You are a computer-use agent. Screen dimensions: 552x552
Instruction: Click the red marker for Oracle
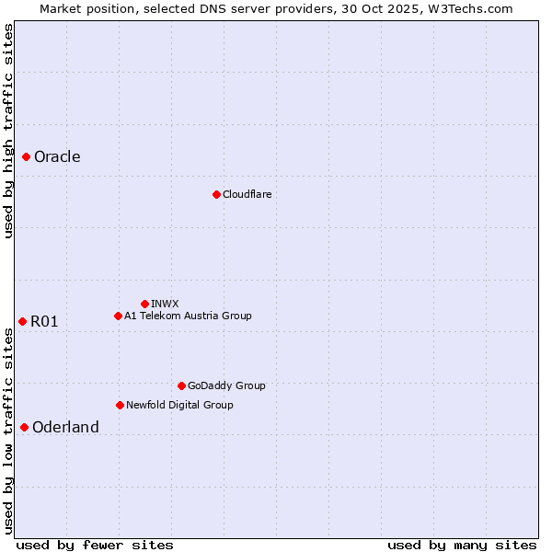tap(27, 157)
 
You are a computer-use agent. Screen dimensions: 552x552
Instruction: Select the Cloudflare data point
tap(216, 194)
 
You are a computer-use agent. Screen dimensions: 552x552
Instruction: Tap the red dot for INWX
tap(144, 304)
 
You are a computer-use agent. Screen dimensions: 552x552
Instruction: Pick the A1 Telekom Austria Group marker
tap(118, 316)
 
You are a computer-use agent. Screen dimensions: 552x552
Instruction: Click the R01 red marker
tap(22, 321)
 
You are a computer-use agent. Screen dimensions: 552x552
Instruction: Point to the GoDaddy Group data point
tap(181, 385)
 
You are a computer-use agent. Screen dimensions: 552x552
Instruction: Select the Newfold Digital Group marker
tap(120, 405)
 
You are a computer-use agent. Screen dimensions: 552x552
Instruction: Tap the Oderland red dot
tap(24, 427)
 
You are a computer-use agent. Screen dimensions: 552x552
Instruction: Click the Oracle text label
tap(57, 157)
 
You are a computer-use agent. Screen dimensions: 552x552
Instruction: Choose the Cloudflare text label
tap(247, 194)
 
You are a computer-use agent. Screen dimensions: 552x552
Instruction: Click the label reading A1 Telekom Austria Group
tap(188, 316)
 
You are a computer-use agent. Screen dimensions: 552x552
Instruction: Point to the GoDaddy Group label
tap(226, 385)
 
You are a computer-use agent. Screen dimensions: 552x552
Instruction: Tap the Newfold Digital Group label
tap(179, 405)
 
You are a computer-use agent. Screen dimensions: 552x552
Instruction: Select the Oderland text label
tap(65, 427)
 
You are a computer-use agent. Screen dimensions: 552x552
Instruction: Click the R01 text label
tap(44, 321)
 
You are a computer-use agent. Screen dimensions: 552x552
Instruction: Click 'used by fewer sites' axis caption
tap(95, 545)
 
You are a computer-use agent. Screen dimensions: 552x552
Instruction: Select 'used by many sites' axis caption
tap(462, 545)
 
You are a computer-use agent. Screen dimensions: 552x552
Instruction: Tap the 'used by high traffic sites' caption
tap(8, 131)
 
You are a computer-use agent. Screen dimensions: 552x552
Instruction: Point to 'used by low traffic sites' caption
tap(8, 431)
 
